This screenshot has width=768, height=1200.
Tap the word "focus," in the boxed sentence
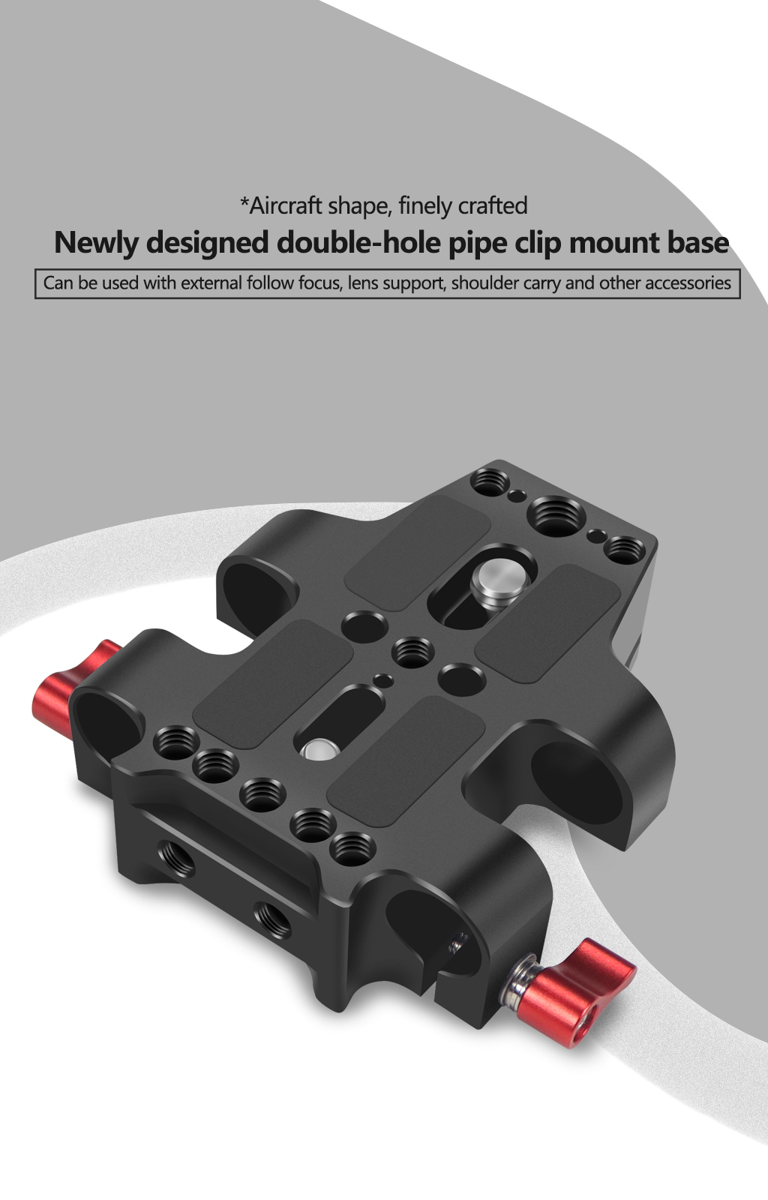320,283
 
